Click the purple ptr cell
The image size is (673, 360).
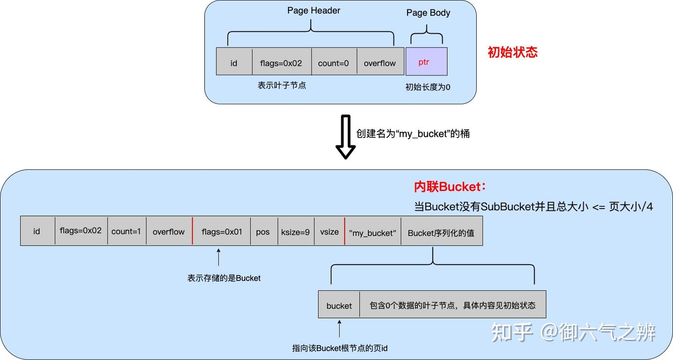426,62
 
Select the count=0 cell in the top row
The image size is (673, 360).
334,63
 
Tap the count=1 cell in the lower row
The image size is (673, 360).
126,231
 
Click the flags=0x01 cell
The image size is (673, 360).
222,231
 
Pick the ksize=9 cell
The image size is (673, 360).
295,231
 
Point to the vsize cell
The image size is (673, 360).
329,231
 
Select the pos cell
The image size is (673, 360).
263,231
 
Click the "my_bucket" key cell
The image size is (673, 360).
372,232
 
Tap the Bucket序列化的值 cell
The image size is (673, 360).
441,232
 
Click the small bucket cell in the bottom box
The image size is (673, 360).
339,305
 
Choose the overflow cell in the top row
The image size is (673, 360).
380,63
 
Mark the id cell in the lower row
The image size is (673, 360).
37,231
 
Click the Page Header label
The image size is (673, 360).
314,10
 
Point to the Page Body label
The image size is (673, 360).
428,13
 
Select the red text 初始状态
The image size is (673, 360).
513,52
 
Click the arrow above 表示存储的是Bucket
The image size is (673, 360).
218,258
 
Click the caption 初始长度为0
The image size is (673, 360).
428,87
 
